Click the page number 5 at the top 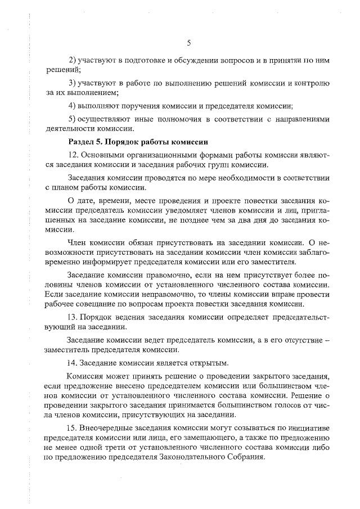coord(189,43)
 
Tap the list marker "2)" coord(72,60)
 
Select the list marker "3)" coord(72,83)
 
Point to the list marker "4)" coord(72,106)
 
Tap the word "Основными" coord(102,155)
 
